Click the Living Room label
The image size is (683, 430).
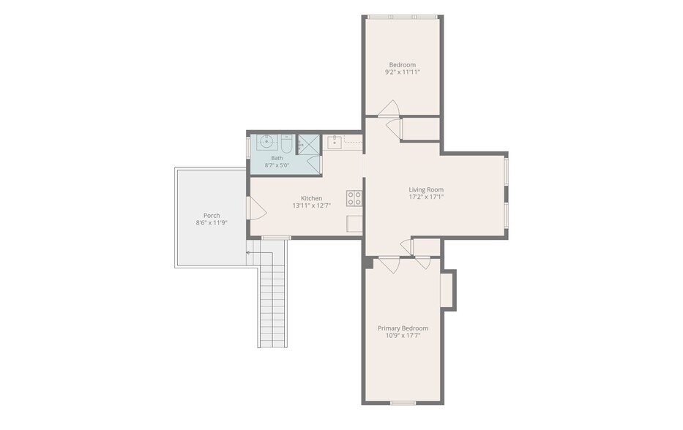(x=426, y=189)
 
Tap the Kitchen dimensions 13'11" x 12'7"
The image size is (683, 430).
(x=311, y=205)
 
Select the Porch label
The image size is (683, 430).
(x=212, y=216)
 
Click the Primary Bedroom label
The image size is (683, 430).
(x=403, y=328)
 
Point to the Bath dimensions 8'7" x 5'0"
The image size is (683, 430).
(x=277, y=165)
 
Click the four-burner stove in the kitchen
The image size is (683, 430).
(x=354, y=198)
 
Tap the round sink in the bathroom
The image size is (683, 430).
(x=266, y=142)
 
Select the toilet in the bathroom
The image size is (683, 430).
(x=285, y=143)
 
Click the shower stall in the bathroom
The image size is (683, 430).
(x=309, y=144)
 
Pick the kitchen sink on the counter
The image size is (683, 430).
(x=335, y=143)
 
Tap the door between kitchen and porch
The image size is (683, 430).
(x=257, y=208)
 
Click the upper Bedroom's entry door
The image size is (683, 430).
(x=388, y=109)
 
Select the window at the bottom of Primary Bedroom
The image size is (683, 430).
(x=403, y=403)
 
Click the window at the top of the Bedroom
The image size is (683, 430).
(x=402, y=17)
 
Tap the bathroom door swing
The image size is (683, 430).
(x=314, y=164)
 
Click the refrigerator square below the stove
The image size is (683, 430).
(x=354, y=224)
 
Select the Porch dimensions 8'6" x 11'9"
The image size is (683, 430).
(x=212, y=223)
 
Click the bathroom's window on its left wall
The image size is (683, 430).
(x=248, y=147)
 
